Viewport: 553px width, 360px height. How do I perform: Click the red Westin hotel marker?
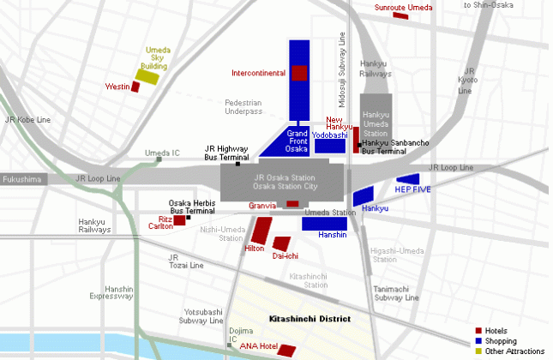point(135,87)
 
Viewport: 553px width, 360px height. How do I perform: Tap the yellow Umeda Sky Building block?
point(148,77)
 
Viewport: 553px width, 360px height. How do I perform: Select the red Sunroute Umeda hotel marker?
point(401,15)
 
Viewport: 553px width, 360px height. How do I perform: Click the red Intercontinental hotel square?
point(299,72)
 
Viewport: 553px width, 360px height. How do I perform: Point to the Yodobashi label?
point(329,135)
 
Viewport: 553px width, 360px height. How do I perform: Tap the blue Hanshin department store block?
point(324,223)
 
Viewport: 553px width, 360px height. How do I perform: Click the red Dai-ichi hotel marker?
point(281,243)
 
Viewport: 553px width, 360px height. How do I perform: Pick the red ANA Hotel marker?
point(286,350)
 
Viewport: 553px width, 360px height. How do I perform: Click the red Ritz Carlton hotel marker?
point(180,220)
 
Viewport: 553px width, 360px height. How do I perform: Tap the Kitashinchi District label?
point(310,319)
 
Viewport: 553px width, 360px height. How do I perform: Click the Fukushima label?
point(21,180)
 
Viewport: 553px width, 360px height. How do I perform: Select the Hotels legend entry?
point(501,331)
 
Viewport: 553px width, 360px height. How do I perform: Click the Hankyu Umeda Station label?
point(376,124)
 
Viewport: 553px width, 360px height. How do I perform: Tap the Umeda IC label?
point(162,153)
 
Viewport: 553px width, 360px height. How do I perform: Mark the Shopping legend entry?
point(502,341)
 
